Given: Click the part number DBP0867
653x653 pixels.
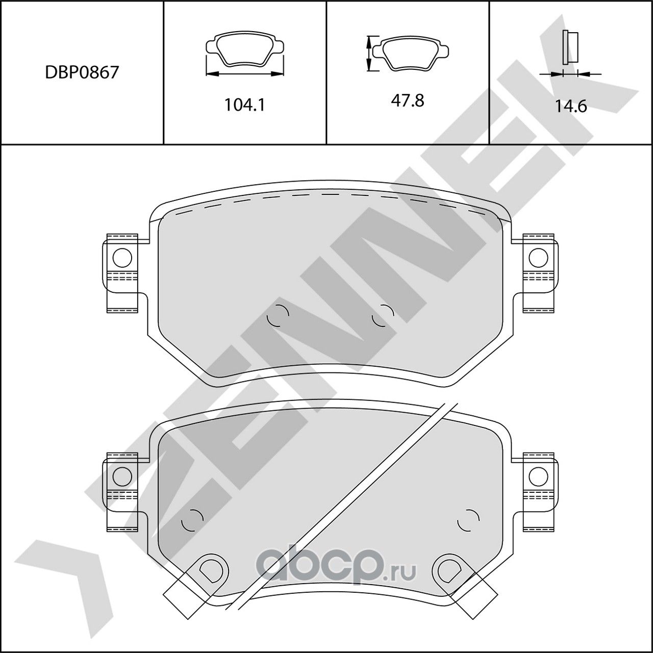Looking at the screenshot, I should [82, 72].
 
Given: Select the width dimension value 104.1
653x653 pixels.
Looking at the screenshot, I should [245, 105].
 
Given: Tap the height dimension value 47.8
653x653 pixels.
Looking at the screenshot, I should [408, 101].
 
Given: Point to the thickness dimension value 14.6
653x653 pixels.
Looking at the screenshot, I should [571, 106].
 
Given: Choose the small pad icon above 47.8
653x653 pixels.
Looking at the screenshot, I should [411, 53].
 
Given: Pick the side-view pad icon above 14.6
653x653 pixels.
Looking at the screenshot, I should [570, 47].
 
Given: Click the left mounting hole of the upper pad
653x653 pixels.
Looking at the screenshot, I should [122, 258].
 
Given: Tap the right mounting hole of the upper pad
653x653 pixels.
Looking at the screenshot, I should [538, 258].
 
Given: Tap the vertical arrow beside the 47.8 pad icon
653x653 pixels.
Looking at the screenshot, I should [368, 53].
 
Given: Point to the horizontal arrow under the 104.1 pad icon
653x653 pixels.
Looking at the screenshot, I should [244, 74].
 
